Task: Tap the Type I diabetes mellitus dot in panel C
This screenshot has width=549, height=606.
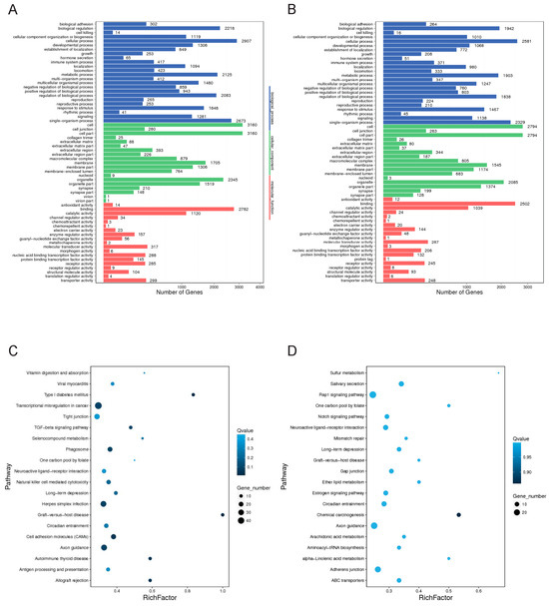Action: click(x=193, y=395)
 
